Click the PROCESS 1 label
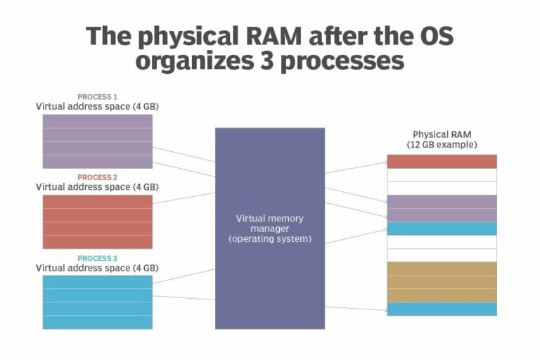point(97,96)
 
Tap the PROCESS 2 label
point(97,177)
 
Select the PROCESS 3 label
point(97,258)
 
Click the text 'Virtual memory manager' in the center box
point(270,223)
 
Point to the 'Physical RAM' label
point(442,134)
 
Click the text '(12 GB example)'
point(442,144)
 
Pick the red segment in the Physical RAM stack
point(442,161)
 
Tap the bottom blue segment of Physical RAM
point(442,309)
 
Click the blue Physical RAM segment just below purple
point(442,229)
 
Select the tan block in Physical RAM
point(442,281)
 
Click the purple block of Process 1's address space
point(97,141)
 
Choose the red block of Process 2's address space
point(97,221)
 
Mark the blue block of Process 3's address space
point(97,302)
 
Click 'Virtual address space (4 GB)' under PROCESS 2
point(97,187)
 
